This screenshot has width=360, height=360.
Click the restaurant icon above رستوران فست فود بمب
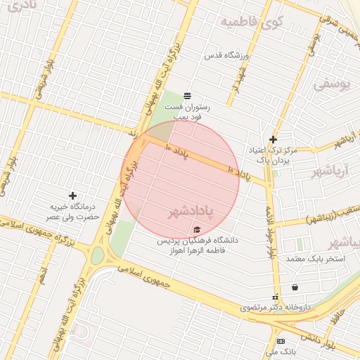coord(187,96)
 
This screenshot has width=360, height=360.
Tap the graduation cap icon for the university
coord(196,230)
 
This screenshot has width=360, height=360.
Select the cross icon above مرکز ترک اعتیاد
coord(273,139)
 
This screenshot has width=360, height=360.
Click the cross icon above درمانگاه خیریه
coord(72,195)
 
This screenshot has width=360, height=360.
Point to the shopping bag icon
coord(294,287)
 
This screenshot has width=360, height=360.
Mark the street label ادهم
coord(44,273)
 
